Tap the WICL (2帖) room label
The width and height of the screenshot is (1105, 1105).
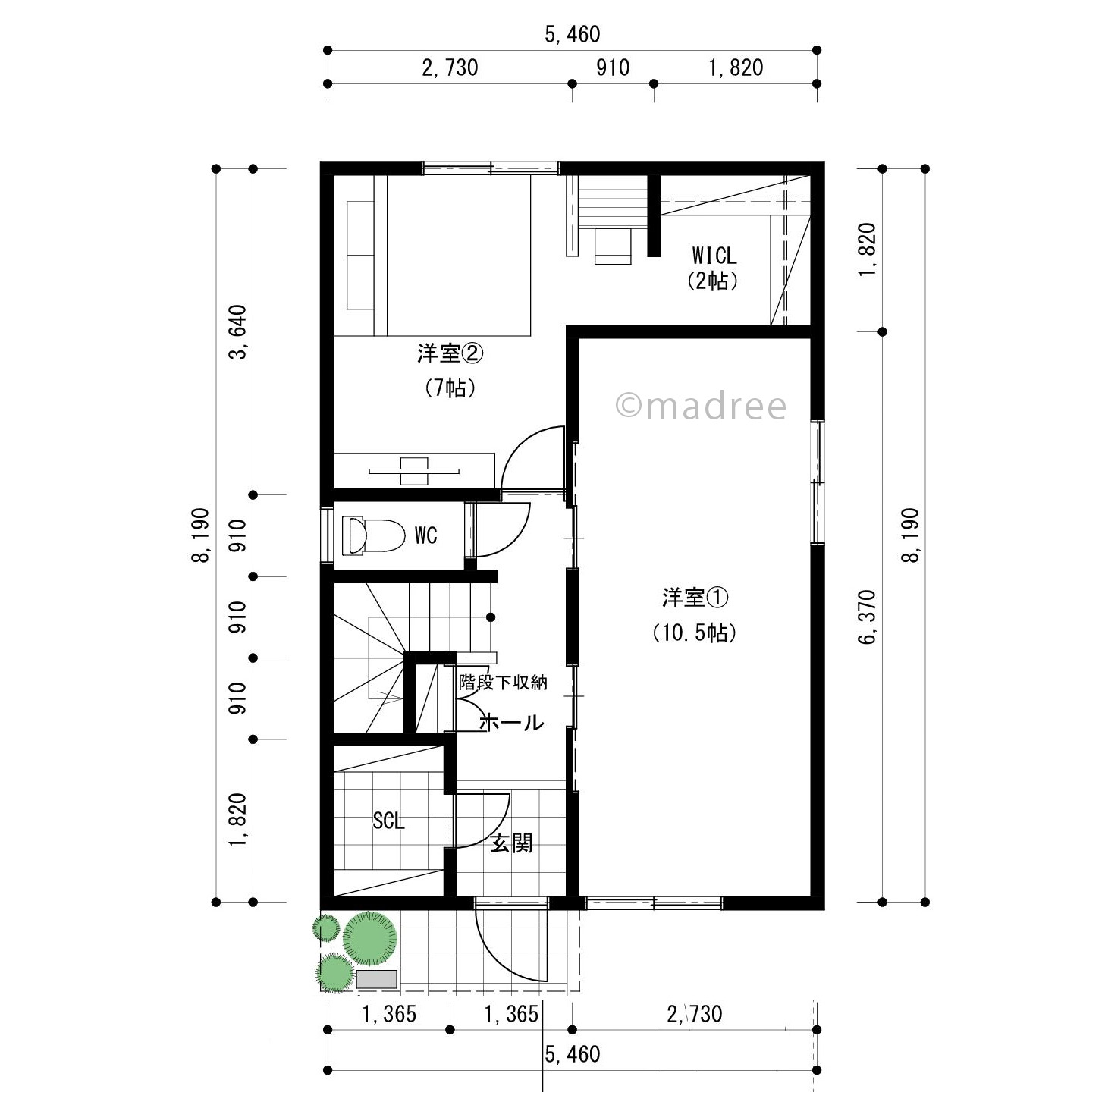(713, 268)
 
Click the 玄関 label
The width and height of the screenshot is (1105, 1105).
(511, 843)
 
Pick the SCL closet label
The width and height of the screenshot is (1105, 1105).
(388, 821)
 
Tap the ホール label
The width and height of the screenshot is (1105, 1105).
(511, 723)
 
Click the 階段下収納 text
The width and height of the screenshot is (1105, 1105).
(503, 683)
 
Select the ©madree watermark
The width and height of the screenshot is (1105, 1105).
(701, 406)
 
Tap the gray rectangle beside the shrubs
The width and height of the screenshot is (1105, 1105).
(377, 979)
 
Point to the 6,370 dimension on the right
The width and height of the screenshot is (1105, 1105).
(867, 617)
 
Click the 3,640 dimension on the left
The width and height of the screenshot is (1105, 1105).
(237, 332)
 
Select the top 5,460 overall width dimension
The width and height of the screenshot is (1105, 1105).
(573, 34)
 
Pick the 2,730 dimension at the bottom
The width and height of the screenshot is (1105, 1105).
(695, 1015)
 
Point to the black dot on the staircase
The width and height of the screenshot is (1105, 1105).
(491, 617)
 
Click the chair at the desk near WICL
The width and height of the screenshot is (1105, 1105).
(613, 246)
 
